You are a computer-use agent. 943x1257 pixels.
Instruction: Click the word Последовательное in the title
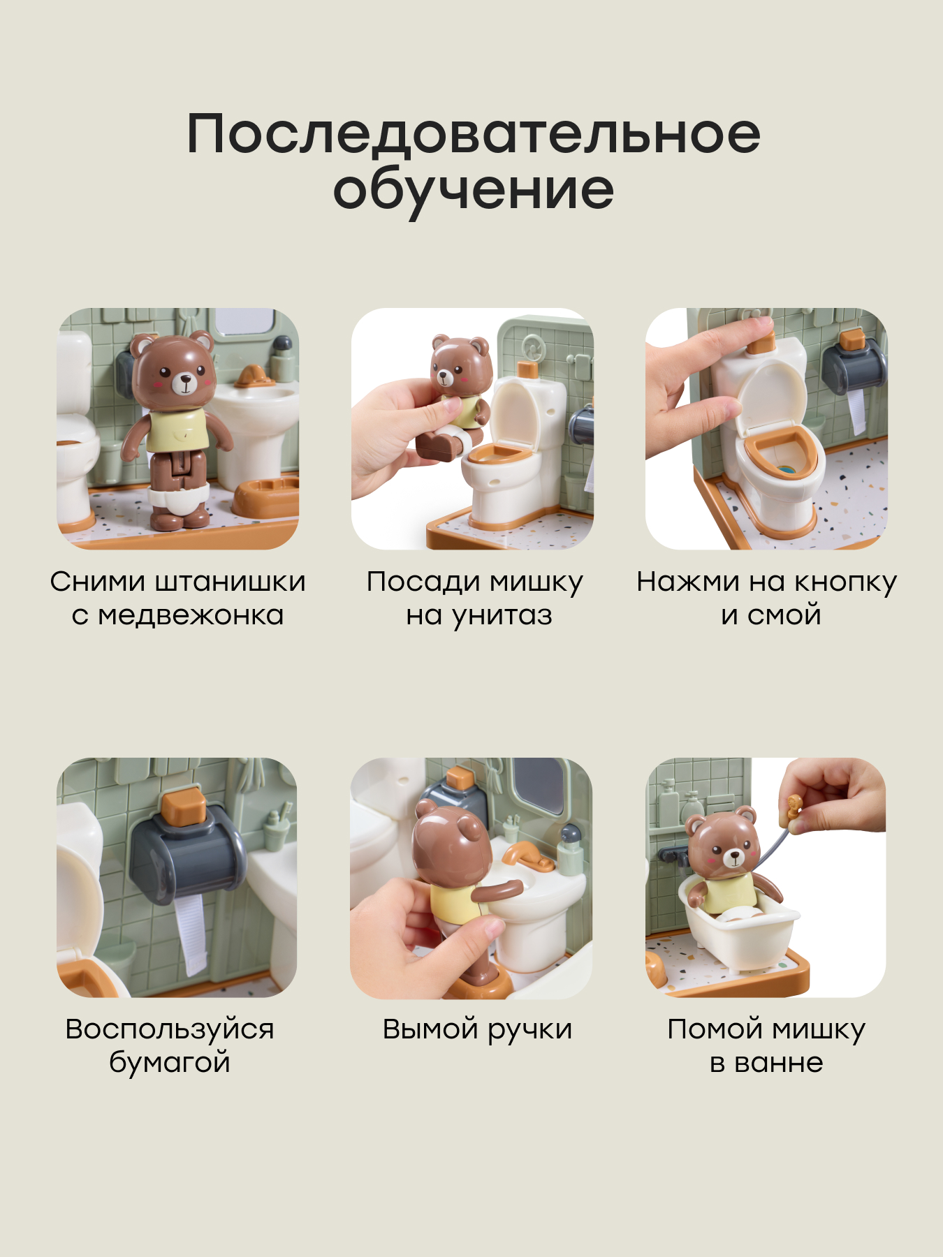[473, 134]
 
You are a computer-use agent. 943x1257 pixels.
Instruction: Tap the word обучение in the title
[473, 190]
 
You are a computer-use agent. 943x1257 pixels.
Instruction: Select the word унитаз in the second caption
[502, 615]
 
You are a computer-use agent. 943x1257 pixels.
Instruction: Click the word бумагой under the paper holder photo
[170, 1062]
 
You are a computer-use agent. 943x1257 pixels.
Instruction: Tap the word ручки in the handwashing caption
[530, 1030]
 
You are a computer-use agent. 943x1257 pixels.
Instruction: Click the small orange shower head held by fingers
[794, 807]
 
